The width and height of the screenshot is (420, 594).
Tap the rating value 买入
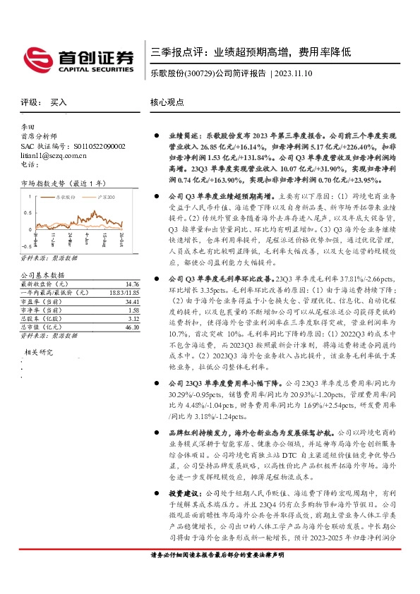(59, 102)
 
